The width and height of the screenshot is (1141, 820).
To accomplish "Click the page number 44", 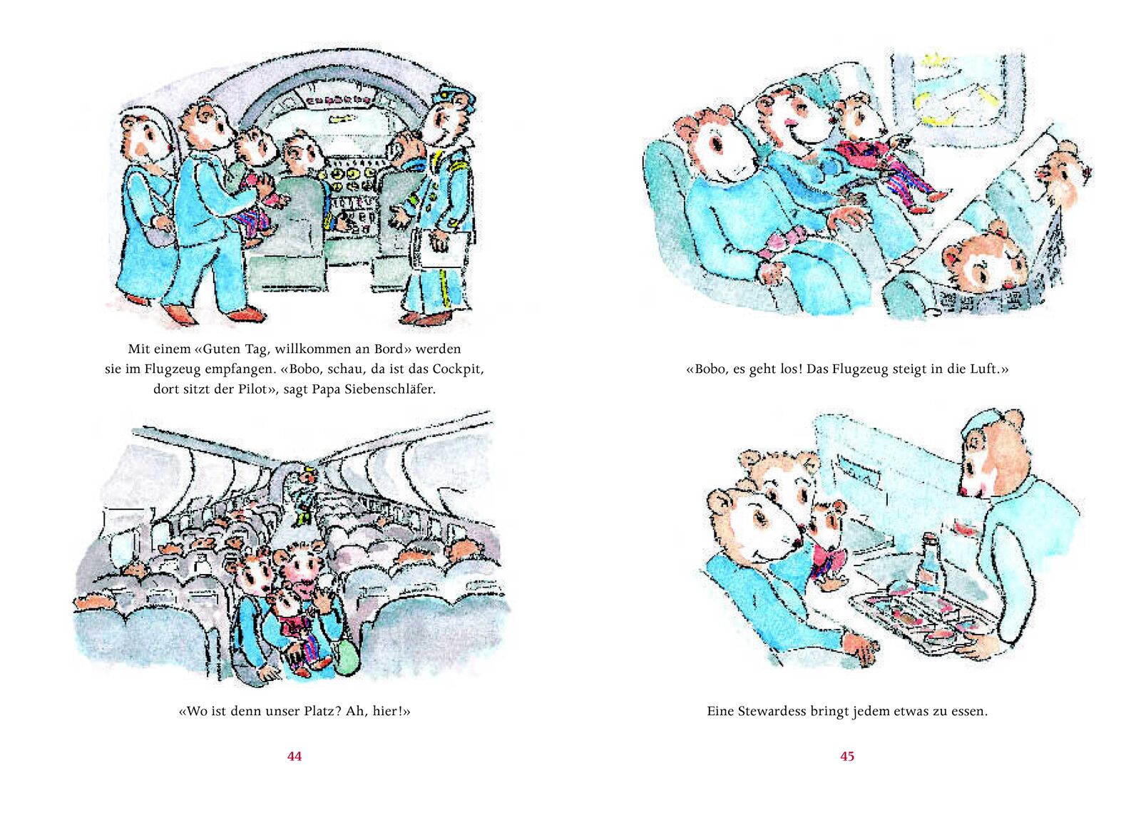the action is coord(295,757).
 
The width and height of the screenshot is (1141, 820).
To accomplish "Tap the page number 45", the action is coord(846,757).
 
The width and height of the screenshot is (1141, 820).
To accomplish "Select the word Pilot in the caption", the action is coord(253,389).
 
